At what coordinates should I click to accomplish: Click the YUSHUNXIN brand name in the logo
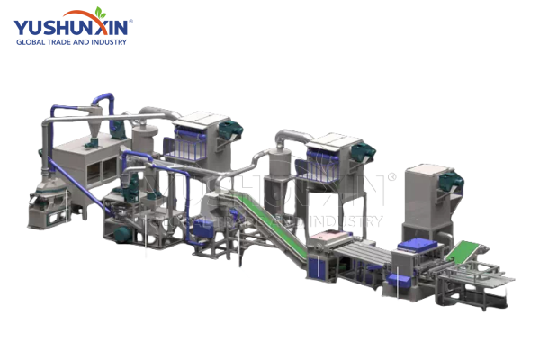click(70, 28)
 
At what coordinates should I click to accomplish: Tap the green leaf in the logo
click(101, 12)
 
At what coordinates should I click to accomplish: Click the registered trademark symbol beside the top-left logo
click(130, 22)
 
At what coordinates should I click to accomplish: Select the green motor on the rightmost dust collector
click(452, 182)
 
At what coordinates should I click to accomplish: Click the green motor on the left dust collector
click(230, 130)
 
